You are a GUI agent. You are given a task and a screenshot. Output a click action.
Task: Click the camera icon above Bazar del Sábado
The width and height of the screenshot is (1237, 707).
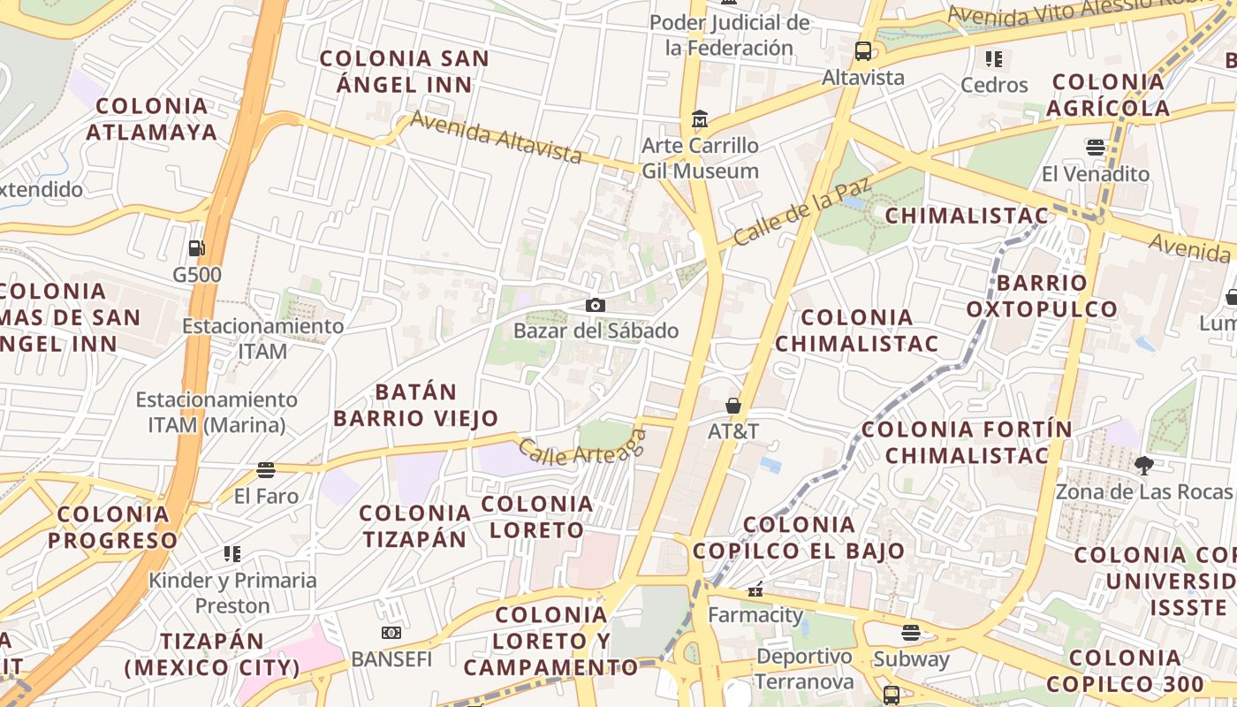[596, 305]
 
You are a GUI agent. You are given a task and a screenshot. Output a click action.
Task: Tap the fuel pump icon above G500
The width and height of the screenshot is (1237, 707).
[196, 248]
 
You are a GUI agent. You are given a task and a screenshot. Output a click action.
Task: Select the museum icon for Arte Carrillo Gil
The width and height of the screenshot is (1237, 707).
[700, 118]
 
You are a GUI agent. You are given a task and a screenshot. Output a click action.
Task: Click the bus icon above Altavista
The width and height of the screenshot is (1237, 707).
[863, 50]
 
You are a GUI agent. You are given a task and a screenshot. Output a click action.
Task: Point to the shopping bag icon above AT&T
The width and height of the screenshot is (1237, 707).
[732, 406]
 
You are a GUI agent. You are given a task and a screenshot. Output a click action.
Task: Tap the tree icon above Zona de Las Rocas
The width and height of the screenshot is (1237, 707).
[1143, 465]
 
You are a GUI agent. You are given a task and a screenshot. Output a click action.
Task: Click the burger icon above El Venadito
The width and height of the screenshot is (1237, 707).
[1096, 147]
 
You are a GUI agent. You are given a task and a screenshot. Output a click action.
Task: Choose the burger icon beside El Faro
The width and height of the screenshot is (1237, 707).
[266, 468]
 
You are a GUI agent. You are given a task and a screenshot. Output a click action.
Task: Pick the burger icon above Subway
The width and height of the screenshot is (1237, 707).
[911, 632]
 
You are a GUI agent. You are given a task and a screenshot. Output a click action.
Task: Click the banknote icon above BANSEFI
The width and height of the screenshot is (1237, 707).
[391, 633]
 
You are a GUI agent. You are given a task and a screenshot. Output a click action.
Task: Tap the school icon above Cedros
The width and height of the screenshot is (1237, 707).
[994, 59]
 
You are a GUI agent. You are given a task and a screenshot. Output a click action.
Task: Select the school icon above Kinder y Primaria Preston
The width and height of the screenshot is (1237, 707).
[232, 554]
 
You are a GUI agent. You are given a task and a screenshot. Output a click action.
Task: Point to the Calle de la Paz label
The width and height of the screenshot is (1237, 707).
[802, 212]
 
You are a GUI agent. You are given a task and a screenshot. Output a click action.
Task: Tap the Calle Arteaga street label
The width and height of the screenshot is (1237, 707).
[582, 447]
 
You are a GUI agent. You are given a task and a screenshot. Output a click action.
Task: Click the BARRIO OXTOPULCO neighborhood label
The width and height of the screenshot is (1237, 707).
[1042, 296]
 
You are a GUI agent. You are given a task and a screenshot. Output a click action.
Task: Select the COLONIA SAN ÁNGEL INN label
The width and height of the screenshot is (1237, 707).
[404, 72]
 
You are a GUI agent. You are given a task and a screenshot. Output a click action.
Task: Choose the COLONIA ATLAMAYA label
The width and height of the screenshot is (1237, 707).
[152, 119]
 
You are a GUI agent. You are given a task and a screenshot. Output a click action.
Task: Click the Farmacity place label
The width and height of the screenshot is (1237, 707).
[755, 614]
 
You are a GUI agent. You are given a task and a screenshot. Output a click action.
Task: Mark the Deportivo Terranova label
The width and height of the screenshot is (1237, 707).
[804, 669]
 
